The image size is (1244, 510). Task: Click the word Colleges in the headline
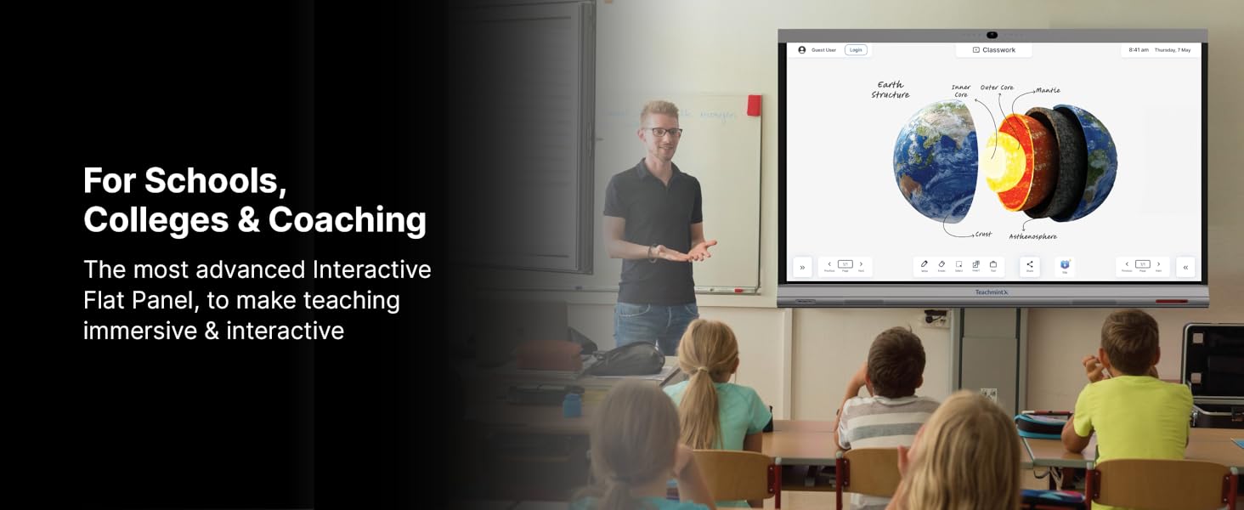click(x=155, y=219)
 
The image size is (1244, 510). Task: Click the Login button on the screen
click(x=856, y=50)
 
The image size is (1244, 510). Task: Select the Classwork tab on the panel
click(x=994, y=50)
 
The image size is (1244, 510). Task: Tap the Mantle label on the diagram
click(x=1048, y=90)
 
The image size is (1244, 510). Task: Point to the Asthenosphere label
click(x=1032, y=236)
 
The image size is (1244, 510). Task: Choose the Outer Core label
click(x=997, y=88)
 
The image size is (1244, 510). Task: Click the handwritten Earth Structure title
click(x=891, y=90)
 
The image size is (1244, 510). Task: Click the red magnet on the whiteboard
click(x=754, y=105)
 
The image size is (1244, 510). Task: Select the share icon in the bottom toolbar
click(x=1030, y=265)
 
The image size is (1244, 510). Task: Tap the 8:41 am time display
click(x=1139, y=50)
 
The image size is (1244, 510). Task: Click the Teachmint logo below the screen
click(x=992, y=292)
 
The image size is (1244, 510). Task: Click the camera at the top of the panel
click(x=992, y=35)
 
